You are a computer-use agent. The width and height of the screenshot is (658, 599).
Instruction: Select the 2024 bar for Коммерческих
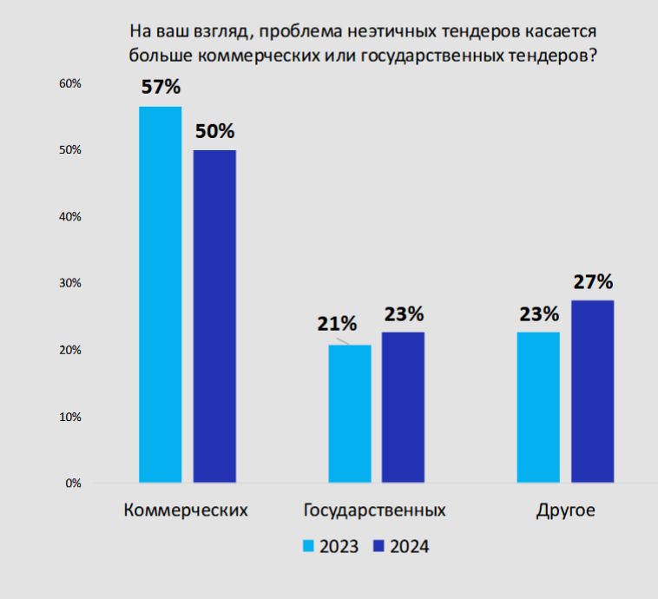pos(214,316)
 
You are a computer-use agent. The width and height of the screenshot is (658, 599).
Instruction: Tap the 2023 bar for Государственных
pos(350,413)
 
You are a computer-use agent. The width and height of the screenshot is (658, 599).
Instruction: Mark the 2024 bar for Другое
pos(592,391)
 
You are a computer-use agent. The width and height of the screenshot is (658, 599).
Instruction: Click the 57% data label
pos(161,87)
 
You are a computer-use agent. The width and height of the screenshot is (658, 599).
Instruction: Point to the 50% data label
pos(214,132)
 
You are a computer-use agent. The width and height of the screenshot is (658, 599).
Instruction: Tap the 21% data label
pos(336,324)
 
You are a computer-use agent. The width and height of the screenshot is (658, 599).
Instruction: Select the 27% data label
pos(592,282)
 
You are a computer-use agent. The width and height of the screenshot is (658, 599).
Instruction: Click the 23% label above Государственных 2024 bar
pos(404,313)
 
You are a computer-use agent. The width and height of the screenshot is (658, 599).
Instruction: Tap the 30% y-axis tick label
pos(69,283)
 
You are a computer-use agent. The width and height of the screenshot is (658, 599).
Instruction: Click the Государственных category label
pos(375,510)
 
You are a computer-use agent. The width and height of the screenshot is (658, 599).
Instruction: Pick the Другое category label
pos(565,510)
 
